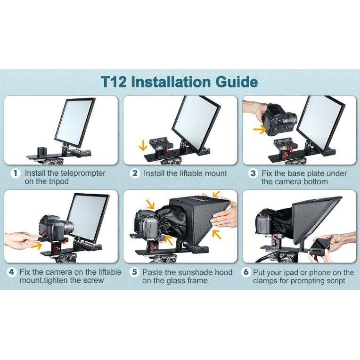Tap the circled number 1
click(15, 173)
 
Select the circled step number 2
click(135, 173)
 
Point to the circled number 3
click(253, 173)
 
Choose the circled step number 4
click(12, 272)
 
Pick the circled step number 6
click(245, 272)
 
